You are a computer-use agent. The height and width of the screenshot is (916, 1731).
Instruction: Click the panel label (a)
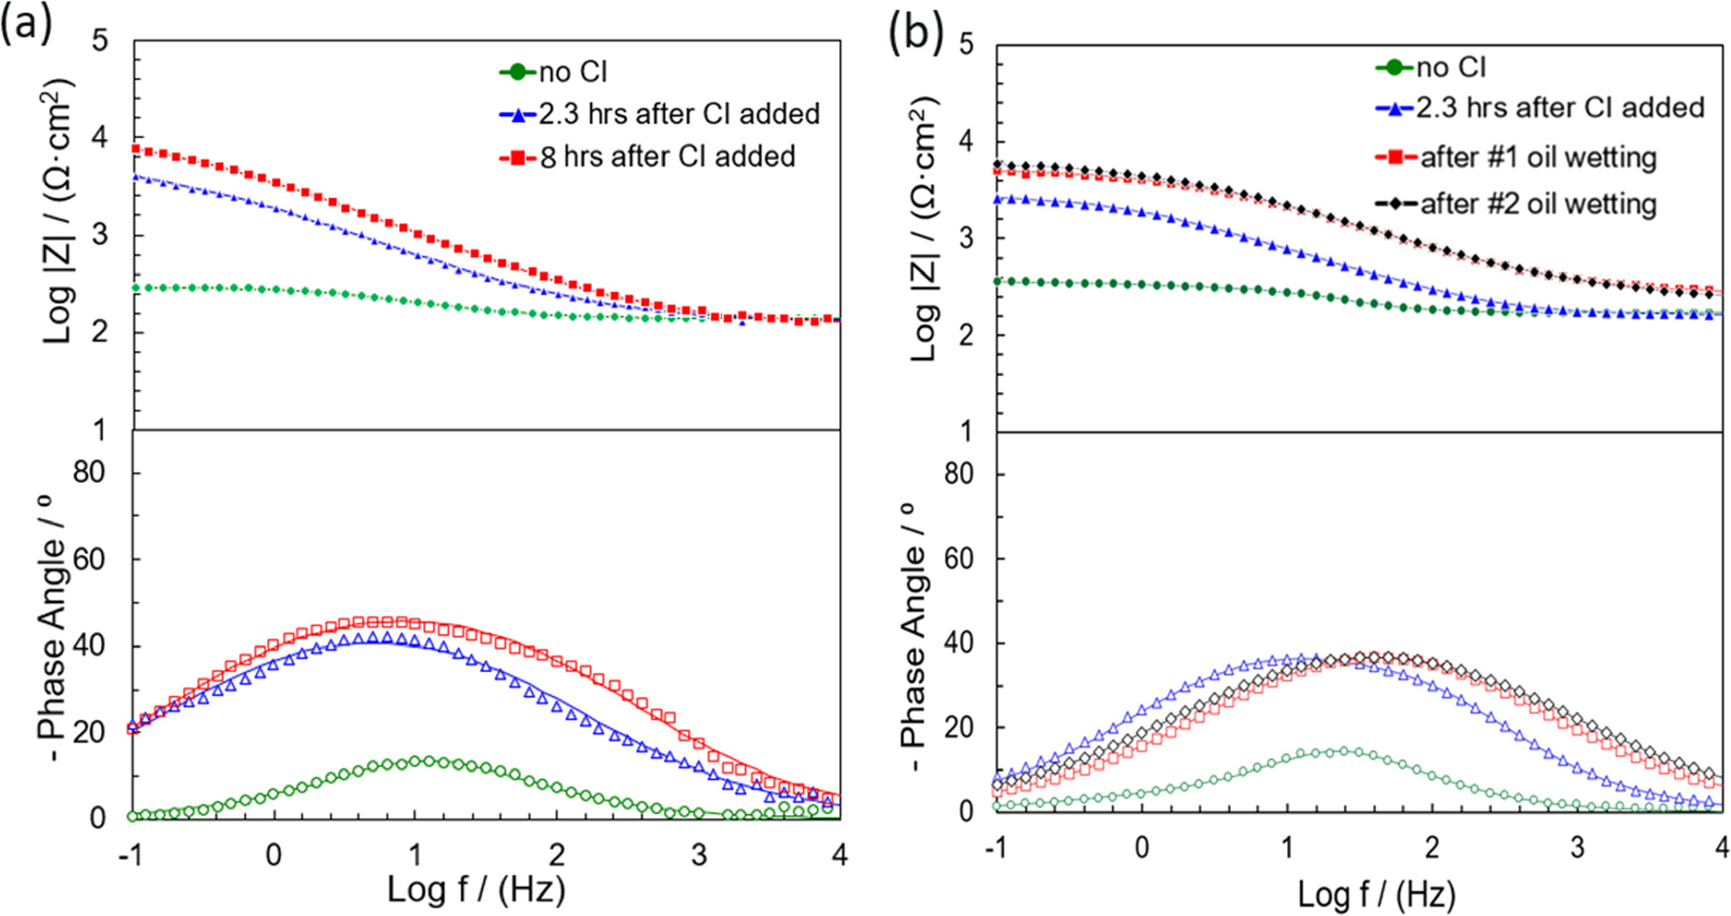coord(26,23)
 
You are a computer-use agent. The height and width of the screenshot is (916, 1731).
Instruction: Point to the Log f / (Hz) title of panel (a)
coord(476,889)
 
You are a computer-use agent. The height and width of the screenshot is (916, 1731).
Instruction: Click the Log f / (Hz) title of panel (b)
coord(1376,894)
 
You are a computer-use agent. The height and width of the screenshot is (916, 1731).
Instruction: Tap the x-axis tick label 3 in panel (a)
coord(698,855)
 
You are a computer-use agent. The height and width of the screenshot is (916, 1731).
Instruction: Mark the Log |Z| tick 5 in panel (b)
coord(966,45)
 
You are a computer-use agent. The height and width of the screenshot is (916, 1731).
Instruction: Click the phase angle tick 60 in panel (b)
coord(958,558)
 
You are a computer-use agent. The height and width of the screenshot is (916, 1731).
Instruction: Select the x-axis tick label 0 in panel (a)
coord(274,855)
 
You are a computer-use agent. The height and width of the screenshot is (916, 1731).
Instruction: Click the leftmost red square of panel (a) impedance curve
coord(136,149)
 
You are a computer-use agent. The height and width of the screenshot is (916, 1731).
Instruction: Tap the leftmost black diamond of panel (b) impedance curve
coord(997,165)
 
